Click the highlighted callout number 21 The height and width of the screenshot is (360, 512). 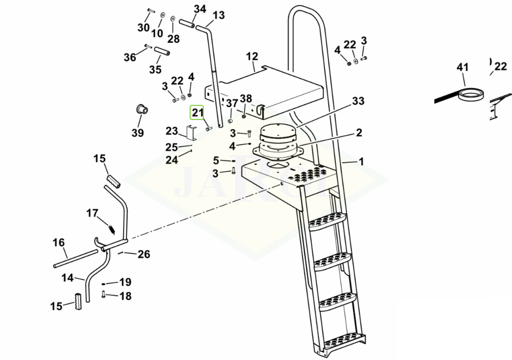pos(197,112)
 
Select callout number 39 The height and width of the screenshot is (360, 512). pos(138,133)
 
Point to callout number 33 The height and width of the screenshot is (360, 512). pos(358,101)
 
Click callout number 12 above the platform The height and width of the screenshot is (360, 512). pos(252,56)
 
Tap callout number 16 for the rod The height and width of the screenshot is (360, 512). pos(59,243)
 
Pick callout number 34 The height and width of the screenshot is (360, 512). pos(200,9)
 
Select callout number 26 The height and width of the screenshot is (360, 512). pos(144,254)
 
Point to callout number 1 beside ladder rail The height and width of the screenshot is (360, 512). pos(361,162)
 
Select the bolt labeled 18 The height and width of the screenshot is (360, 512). pos(104,294)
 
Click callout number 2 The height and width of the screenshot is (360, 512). pos(359,133)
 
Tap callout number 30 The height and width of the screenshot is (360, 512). pos(144,28)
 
